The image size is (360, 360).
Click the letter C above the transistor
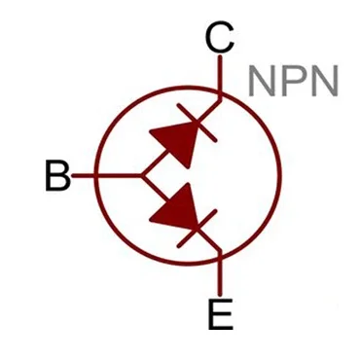[220, 40]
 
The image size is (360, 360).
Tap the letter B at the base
[58, 176]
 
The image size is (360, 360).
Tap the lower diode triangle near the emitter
[176, 205]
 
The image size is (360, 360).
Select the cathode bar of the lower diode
[201, 227]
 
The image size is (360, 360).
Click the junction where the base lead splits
[144, 176]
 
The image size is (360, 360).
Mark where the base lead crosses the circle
[97, 176]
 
